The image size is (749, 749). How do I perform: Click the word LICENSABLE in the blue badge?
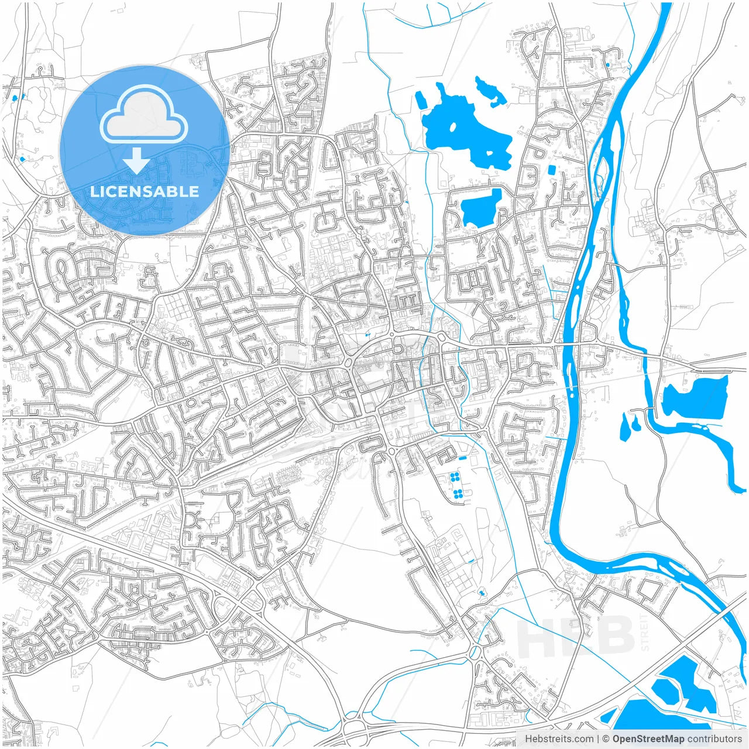point(144,191)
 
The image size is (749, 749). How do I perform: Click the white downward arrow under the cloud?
point(137,160)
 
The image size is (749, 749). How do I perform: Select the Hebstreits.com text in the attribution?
point(558,739)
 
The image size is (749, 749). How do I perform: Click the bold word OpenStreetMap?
point(648,739)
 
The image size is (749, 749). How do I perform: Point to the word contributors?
point(714,739)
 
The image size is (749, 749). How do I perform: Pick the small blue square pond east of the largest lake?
point(551,170)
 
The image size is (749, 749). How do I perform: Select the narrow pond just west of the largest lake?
point(421,99)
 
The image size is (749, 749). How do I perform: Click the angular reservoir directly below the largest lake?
point(482,207)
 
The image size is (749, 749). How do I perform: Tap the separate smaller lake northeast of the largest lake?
point(490,91)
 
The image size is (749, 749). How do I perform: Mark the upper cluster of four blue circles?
point(455,477)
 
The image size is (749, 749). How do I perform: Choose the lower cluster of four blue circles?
point(458,495)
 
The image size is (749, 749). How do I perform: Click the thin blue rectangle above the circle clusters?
point(463,458)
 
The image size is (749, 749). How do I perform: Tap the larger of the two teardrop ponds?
point(624,428)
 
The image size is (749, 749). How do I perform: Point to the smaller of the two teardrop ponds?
point(635,422)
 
